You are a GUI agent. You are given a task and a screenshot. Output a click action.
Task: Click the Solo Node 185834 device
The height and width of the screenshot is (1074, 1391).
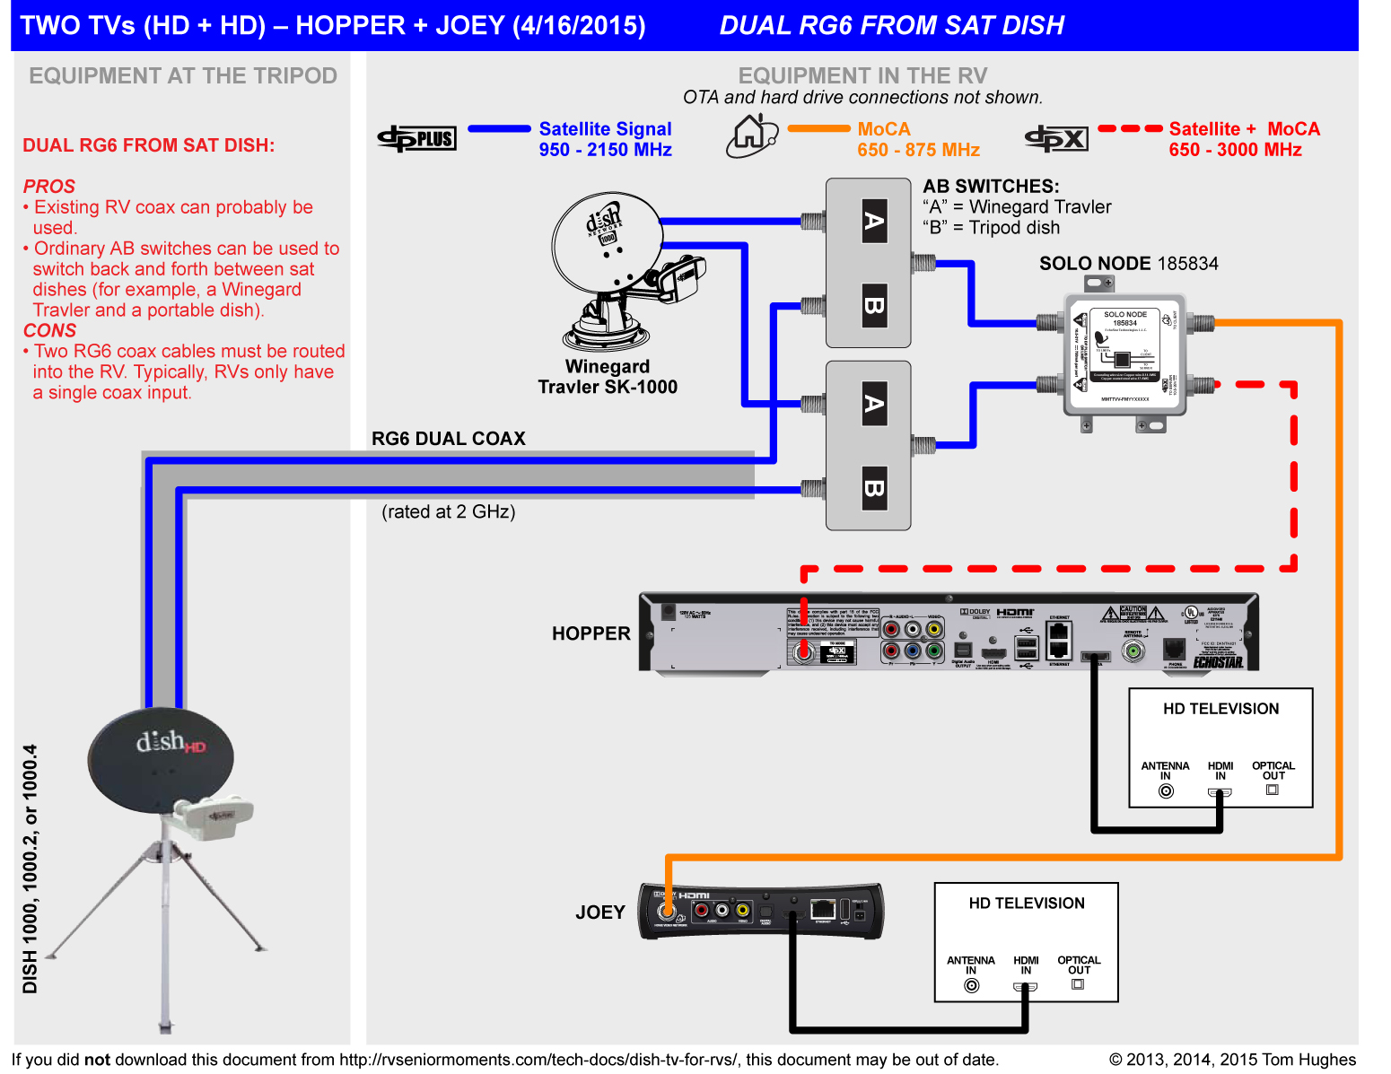(1124, 355)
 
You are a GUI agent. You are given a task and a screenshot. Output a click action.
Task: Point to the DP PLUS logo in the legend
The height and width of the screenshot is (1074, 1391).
(417, 138)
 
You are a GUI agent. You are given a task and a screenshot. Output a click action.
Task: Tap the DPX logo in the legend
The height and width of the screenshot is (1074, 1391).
(1057, 138)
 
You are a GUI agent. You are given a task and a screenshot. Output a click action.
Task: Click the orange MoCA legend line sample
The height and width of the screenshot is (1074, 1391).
(818, 129)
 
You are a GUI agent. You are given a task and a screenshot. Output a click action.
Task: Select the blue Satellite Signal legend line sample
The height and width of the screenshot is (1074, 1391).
(500, 129)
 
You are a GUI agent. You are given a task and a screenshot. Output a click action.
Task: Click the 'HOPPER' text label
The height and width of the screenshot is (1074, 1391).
(591, 633)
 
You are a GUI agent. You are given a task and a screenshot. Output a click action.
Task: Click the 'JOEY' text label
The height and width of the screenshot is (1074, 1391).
(599, 912)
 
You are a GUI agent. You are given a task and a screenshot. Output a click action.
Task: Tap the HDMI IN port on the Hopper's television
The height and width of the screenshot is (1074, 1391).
(1220, 792)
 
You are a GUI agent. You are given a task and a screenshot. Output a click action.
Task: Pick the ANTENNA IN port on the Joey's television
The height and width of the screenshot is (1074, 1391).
(971, 986)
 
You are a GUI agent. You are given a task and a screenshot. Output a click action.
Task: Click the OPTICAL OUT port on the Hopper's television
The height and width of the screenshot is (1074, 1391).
(1272, 790)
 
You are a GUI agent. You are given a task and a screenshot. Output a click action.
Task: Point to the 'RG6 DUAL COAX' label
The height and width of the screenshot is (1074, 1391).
(449, 439)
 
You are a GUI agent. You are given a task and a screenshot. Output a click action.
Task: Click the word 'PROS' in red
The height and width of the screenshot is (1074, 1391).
(49, 187)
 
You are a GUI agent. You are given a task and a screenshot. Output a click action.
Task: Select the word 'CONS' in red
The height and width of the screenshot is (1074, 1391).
(50, 331)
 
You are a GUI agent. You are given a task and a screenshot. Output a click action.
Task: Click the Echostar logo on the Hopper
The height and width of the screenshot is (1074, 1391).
(1218, 662)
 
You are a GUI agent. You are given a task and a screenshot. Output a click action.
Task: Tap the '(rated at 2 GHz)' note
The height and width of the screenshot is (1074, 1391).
(449, 512)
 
